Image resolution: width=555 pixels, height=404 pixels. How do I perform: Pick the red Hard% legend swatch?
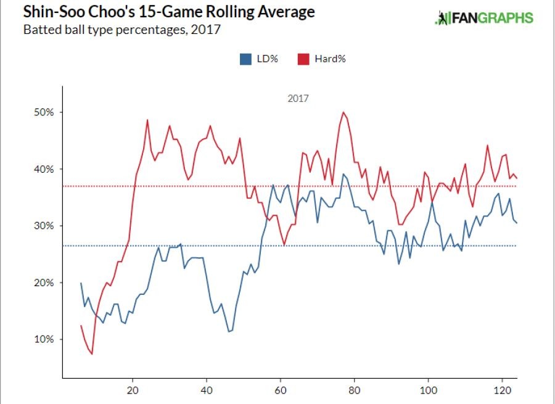pos(303,59)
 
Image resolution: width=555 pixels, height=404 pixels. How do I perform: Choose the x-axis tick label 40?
pos(207,393)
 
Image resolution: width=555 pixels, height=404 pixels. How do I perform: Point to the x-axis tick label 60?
pos(281,393)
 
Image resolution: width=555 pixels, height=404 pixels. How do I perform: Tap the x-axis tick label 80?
pos(355,393)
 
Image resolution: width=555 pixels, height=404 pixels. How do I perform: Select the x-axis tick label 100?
pos(429,393)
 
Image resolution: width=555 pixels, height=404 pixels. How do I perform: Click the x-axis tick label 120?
pos(503,393)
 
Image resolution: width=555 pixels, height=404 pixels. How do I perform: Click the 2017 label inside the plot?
pos(298,98)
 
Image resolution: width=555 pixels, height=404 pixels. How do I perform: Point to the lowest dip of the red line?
pos(92,354)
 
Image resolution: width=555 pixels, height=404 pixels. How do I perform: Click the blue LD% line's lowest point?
pos(229,332)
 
